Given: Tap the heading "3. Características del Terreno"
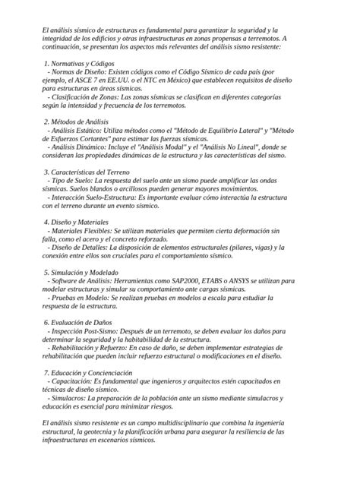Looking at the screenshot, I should click(x=87, y=172).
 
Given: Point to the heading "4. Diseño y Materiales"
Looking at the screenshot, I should click(x=77, y=222).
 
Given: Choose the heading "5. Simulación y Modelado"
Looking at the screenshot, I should click(x=82, y=272).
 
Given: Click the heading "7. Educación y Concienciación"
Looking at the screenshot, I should click(x=88, y=373).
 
